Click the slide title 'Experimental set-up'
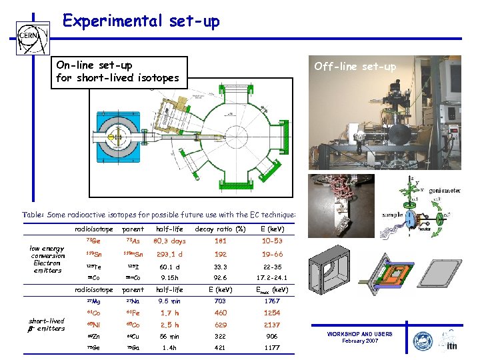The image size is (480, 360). point(141,21)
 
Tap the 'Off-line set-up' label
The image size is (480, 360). point(355,66)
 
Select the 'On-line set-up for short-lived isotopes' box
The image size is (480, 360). point(120,71)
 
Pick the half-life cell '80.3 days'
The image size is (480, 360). point(169,241)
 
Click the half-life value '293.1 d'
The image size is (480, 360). point(169,254)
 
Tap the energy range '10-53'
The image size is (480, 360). point(273,241)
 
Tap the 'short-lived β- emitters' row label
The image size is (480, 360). point(47,324)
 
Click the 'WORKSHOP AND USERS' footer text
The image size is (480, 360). point(359,334)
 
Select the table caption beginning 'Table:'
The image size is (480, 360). point(159,215)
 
